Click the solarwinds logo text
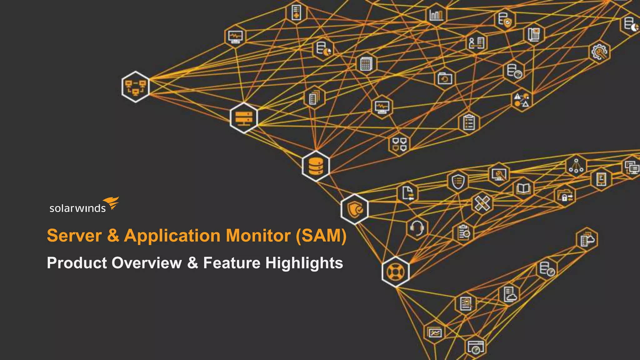(x=77, y=208)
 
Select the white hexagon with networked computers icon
(x=136, y=87)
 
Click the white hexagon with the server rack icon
(x=244, y=118)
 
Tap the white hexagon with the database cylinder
(x=316, y=166)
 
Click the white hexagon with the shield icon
(x=355, y=209)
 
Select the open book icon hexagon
(x=524, y=188)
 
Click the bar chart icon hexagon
(x=436, y=14)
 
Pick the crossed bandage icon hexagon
(x=482, y=203)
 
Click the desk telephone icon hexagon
(x=534, y=34)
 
